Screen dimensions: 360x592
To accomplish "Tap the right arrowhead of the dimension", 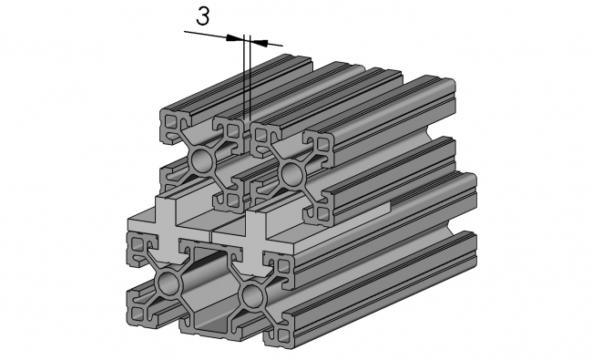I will point(258,40).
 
